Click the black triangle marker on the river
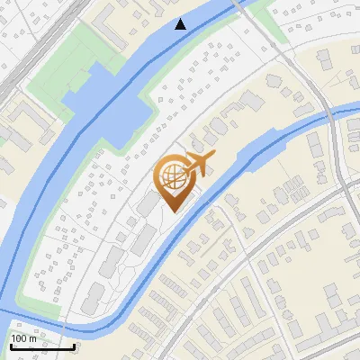181,24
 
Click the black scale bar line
41,346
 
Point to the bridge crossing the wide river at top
245,7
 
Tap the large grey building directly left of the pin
147,205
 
